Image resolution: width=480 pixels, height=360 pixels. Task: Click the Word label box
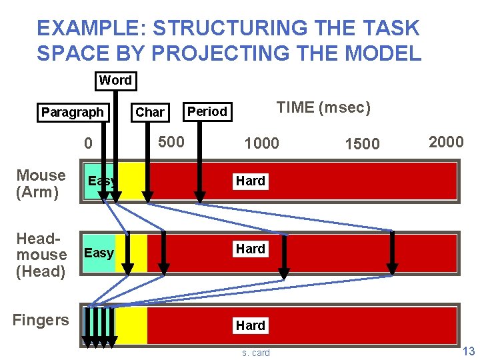pos(115,81)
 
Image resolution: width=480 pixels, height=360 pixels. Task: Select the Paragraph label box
pos(73,112)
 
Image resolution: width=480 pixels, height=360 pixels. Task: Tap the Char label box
pos(150,112)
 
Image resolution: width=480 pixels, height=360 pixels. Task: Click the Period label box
pos(207,111)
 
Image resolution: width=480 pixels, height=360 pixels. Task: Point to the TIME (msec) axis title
pos(323,107)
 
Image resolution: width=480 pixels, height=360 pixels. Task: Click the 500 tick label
pos(171,141)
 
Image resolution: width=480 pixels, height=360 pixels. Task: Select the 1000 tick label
pos(262,143)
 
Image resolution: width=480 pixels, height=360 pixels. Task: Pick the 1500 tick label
pos(362,143)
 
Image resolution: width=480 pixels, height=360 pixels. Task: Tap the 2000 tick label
pos(446,141)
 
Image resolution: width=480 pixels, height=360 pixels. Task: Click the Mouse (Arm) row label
pos(41,184)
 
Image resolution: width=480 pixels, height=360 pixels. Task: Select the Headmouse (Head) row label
pos(41,255)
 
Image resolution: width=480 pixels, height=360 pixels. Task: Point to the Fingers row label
pos(41,320)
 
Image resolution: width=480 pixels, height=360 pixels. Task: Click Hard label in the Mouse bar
pos(251,181)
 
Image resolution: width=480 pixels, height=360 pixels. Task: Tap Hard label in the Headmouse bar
pos(251,249)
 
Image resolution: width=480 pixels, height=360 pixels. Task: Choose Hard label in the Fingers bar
pos(251,325)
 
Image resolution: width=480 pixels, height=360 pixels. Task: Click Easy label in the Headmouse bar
pos(99,253)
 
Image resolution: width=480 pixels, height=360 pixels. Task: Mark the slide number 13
pos(469,351)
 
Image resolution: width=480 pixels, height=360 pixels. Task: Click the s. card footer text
pos(256,353)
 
